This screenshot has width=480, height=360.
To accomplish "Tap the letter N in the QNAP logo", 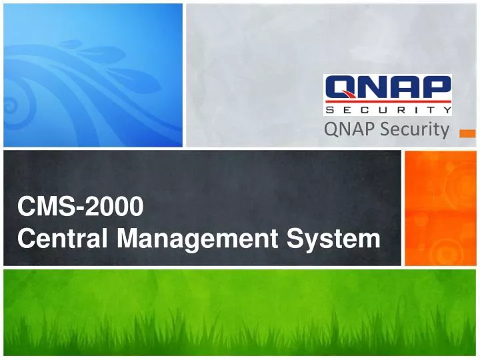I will click(373, 87).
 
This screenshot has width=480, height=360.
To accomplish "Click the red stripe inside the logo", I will click(387, 101).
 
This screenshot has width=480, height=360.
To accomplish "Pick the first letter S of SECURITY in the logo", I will click(330, 109).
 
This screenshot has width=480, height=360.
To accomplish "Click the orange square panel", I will click(441, 207).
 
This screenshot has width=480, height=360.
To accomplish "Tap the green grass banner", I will click(240, 313).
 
